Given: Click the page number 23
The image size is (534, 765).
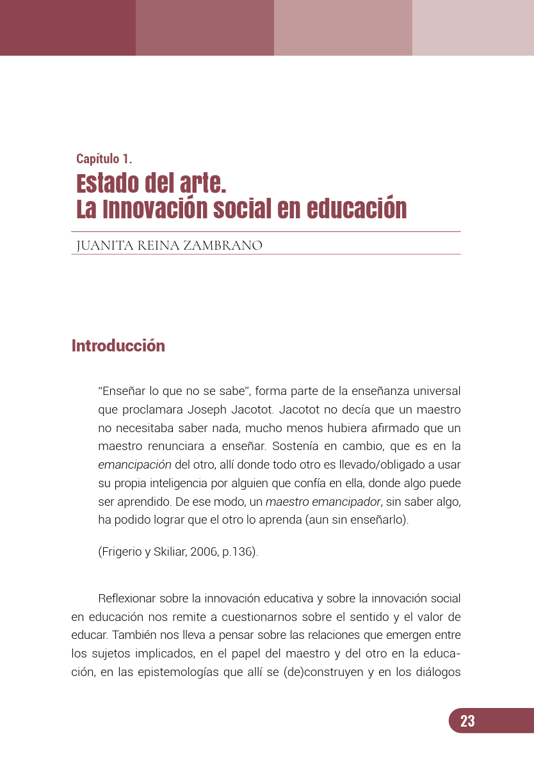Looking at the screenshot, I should tap(467, 721).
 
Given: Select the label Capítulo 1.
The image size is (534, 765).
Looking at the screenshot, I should tap(104, 159).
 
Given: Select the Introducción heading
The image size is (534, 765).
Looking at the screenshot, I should tap(118, 346).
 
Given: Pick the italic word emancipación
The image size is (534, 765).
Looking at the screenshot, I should tap(134, 464).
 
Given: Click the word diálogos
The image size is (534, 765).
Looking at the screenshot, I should tap(435, 673).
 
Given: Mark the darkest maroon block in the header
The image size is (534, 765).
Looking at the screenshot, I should tap(68, 28).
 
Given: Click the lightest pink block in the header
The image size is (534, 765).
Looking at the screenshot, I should tap(473, 28).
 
